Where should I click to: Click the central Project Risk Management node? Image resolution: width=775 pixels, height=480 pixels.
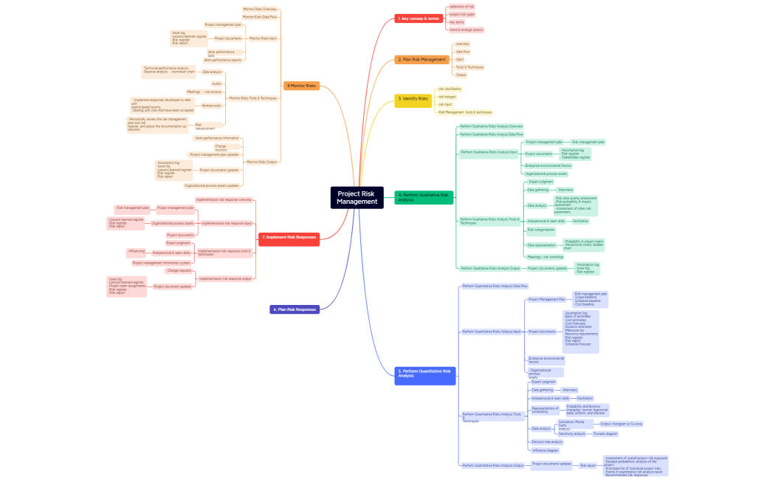(356, 197)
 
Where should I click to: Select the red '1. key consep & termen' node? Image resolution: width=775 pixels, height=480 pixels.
(418, 18)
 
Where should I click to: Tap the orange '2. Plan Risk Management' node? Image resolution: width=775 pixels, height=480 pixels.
(421, 59)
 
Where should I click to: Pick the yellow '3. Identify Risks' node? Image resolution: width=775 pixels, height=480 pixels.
(413, 98)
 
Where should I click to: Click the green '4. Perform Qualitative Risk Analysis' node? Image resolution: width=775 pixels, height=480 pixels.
(424, 197)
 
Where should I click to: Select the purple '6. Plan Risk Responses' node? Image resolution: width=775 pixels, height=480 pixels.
(294, 309)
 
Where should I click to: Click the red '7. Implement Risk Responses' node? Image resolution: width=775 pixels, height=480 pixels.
(289, 238)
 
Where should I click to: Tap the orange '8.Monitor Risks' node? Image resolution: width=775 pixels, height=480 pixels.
(302, 86)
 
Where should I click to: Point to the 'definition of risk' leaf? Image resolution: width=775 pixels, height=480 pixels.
(462, 7)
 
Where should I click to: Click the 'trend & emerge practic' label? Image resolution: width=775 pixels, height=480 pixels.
(466, 30)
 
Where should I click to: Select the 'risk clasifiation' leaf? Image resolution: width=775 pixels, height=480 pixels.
(449, 89)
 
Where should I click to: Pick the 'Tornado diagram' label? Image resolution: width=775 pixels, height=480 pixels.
(605, 433)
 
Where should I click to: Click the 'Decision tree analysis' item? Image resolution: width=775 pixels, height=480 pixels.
(547, 442)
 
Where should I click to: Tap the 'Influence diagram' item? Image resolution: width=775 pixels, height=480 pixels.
(545, 450)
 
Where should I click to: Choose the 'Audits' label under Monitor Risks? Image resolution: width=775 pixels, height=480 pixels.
(216, 83)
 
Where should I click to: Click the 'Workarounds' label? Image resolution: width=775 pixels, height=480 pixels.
(211, 106)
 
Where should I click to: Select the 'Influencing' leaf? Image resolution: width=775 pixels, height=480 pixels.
(137, 251)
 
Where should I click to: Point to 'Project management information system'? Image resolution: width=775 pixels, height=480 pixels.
(162, 262)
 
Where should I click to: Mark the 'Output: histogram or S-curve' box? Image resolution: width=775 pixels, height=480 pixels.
(621, 424)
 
